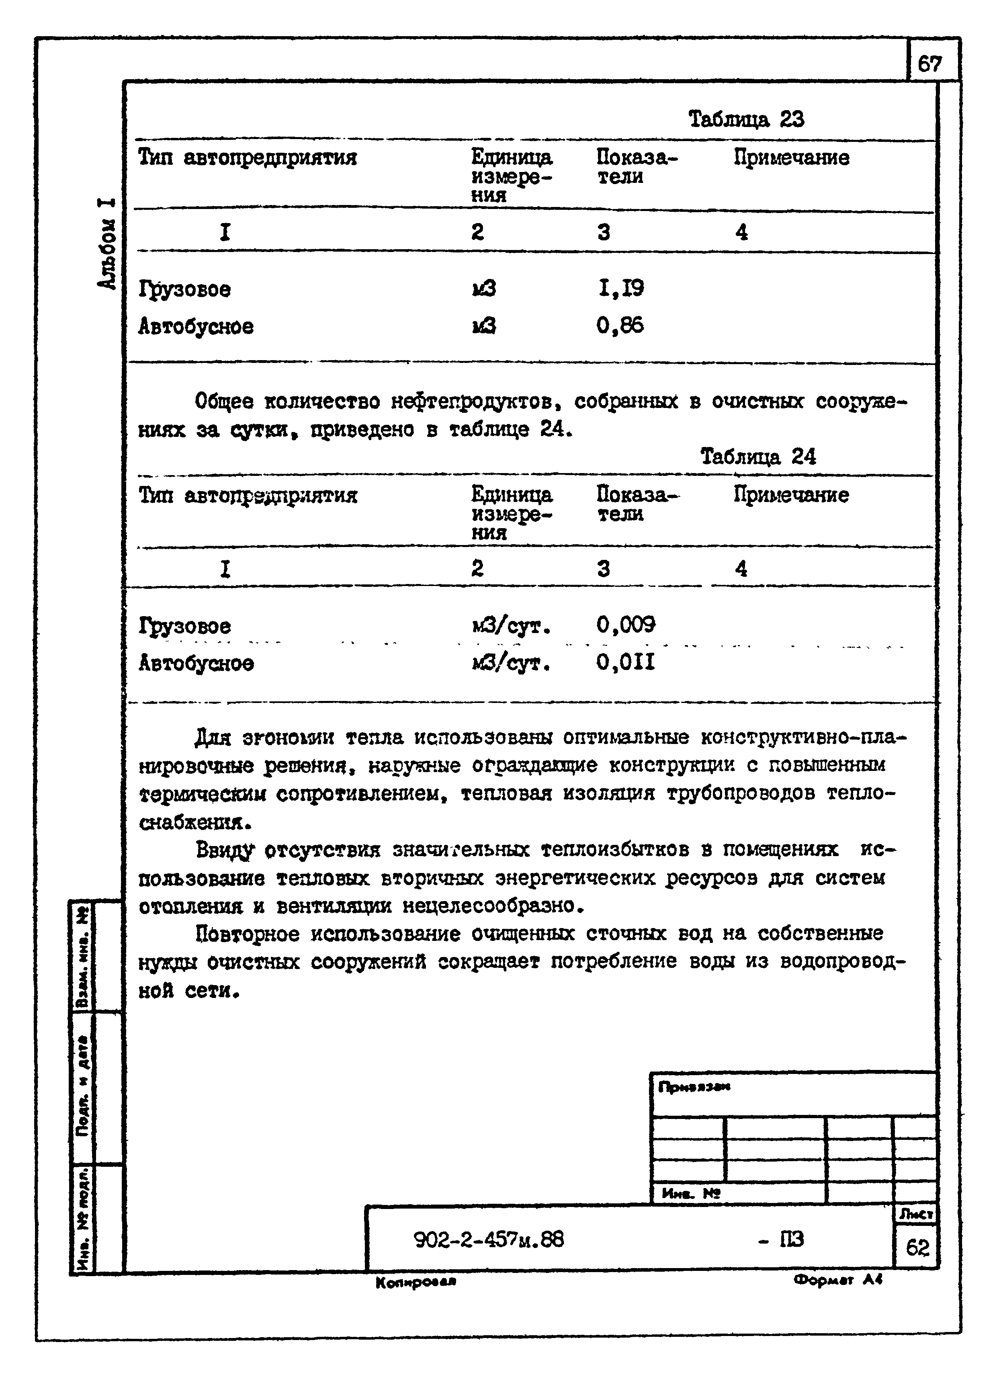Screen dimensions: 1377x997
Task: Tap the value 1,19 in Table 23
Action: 620,288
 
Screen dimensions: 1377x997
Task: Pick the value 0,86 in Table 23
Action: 620,326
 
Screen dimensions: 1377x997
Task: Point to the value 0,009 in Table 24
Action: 625,624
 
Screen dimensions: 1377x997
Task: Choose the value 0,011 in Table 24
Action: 625,662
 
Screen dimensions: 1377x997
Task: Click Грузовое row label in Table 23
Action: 184,289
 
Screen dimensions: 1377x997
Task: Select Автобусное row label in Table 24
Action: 196,663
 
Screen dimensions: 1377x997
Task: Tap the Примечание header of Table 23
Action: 791,158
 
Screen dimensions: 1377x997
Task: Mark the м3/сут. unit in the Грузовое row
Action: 511,625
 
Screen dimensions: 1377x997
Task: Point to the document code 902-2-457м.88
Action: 489,1239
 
